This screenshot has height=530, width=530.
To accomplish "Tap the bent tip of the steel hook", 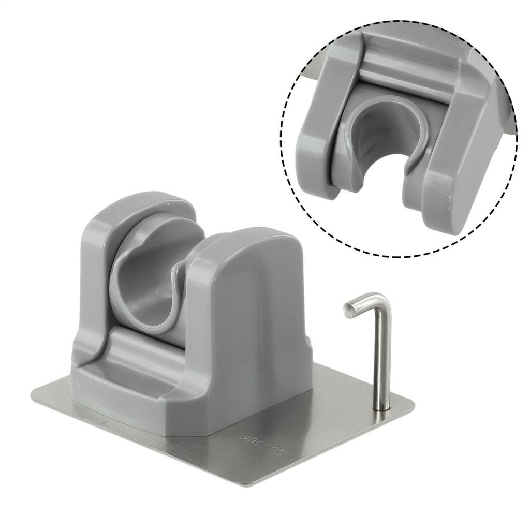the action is coord(349,308).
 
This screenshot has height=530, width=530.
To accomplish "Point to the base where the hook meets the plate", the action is coord(381,410).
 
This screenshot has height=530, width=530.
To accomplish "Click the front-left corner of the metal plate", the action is coord(34,395).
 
